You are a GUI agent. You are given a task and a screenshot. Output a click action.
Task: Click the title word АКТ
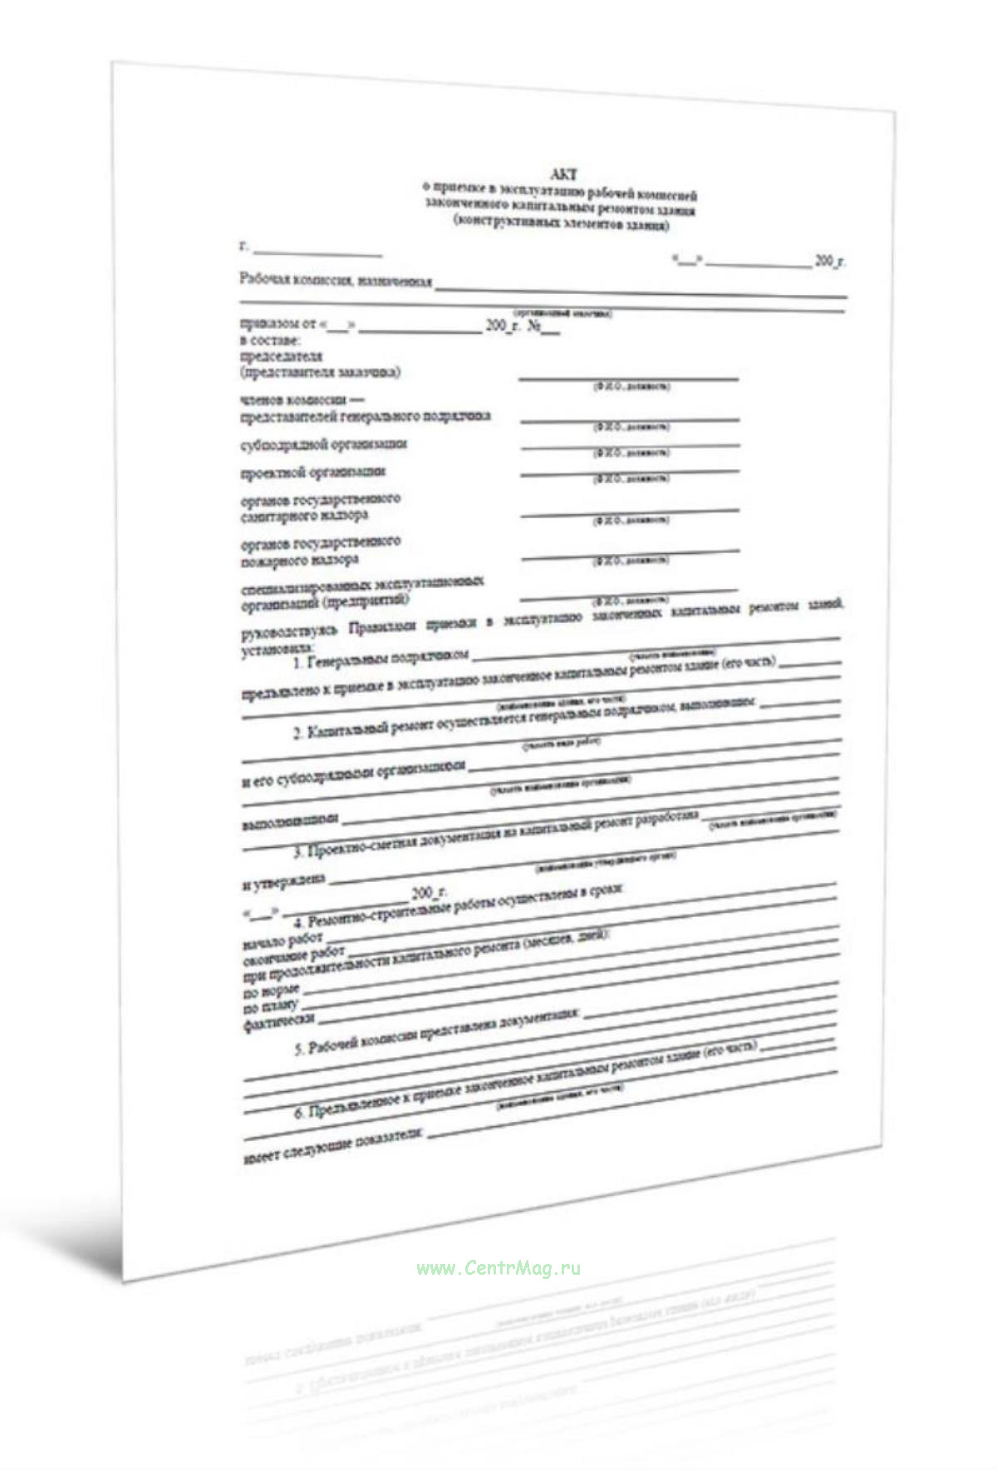point(563,174)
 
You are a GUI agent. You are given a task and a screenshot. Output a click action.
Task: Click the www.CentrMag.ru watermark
point(498,1268)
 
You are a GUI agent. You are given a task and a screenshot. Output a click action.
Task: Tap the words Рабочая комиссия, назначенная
point(336,281)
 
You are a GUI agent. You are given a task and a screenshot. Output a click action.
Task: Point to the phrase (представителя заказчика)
point(320,372)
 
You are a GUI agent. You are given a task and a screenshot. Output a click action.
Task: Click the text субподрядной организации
point(324,444)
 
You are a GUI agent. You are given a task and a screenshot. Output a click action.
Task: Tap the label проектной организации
point(313,472)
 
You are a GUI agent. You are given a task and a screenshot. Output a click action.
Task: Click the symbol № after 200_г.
point(534,326)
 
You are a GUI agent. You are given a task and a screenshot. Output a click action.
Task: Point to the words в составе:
point(270,341)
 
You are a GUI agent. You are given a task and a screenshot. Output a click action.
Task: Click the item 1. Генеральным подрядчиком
point(381,660)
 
